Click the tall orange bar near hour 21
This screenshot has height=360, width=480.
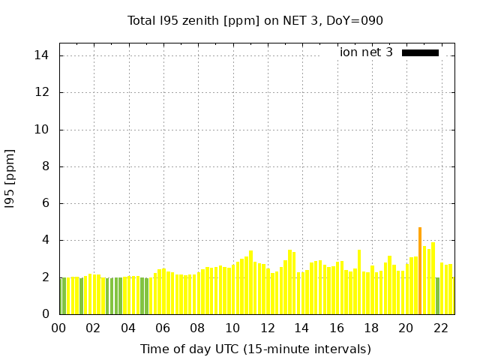pos(420,271)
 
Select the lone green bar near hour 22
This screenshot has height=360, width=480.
pos(437,295)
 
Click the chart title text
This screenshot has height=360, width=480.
pos(255,21)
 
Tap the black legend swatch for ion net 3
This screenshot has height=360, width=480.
pos(420,52)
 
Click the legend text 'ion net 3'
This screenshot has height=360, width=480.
pos(366,52)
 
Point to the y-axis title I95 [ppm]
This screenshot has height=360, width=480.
pos(10,178)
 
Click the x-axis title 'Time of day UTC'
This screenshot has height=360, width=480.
pos(255,349)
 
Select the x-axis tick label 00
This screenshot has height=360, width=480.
pos(58,328)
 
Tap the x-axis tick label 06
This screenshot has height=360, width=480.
pos(163,328)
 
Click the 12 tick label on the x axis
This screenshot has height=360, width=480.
pos(267,328)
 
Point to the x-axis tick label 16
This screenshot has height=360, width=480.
pos(336,328)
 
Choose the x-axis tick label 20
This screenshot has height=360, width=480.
pos(406,328)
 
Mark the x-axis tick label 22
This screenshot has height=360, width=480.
pos(440,328)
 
